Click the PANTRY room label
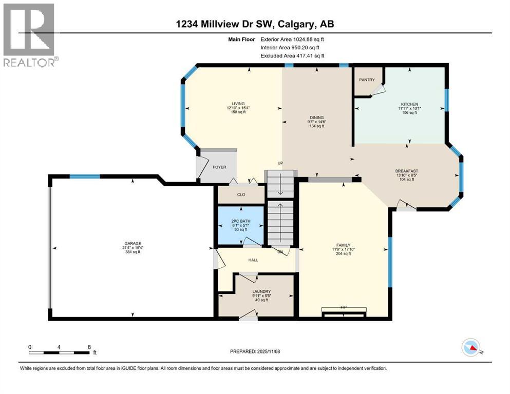click(x=367, y=80)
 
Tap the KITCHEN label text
click(x=409, y=104)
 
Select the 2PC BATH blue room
click(x=240, y=225)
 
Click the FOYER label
click(x=219, y=167)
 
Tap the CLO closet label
click(x=241, y=194)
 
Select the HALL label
click(x=253, y=260)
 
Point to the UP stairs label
click(x=280, y=163)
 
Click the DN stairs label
click(x=280, y=252)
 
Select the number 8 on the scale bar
click(x=89, y=347)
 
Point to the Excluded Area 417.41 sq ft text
click(x=292, y=55)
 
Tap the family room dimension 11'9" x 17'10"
click(x=343, y=249)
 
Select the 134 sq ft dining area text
click(x=316, y=126)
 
